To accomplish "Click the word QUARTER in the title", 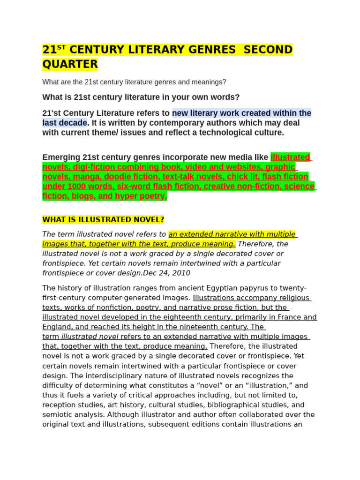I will (x=70, y=64).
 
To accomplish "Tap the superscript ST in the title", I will (x=61, y=47).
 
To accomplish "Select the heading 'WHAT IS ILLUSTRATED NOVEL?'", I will (x=103, y=220).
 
